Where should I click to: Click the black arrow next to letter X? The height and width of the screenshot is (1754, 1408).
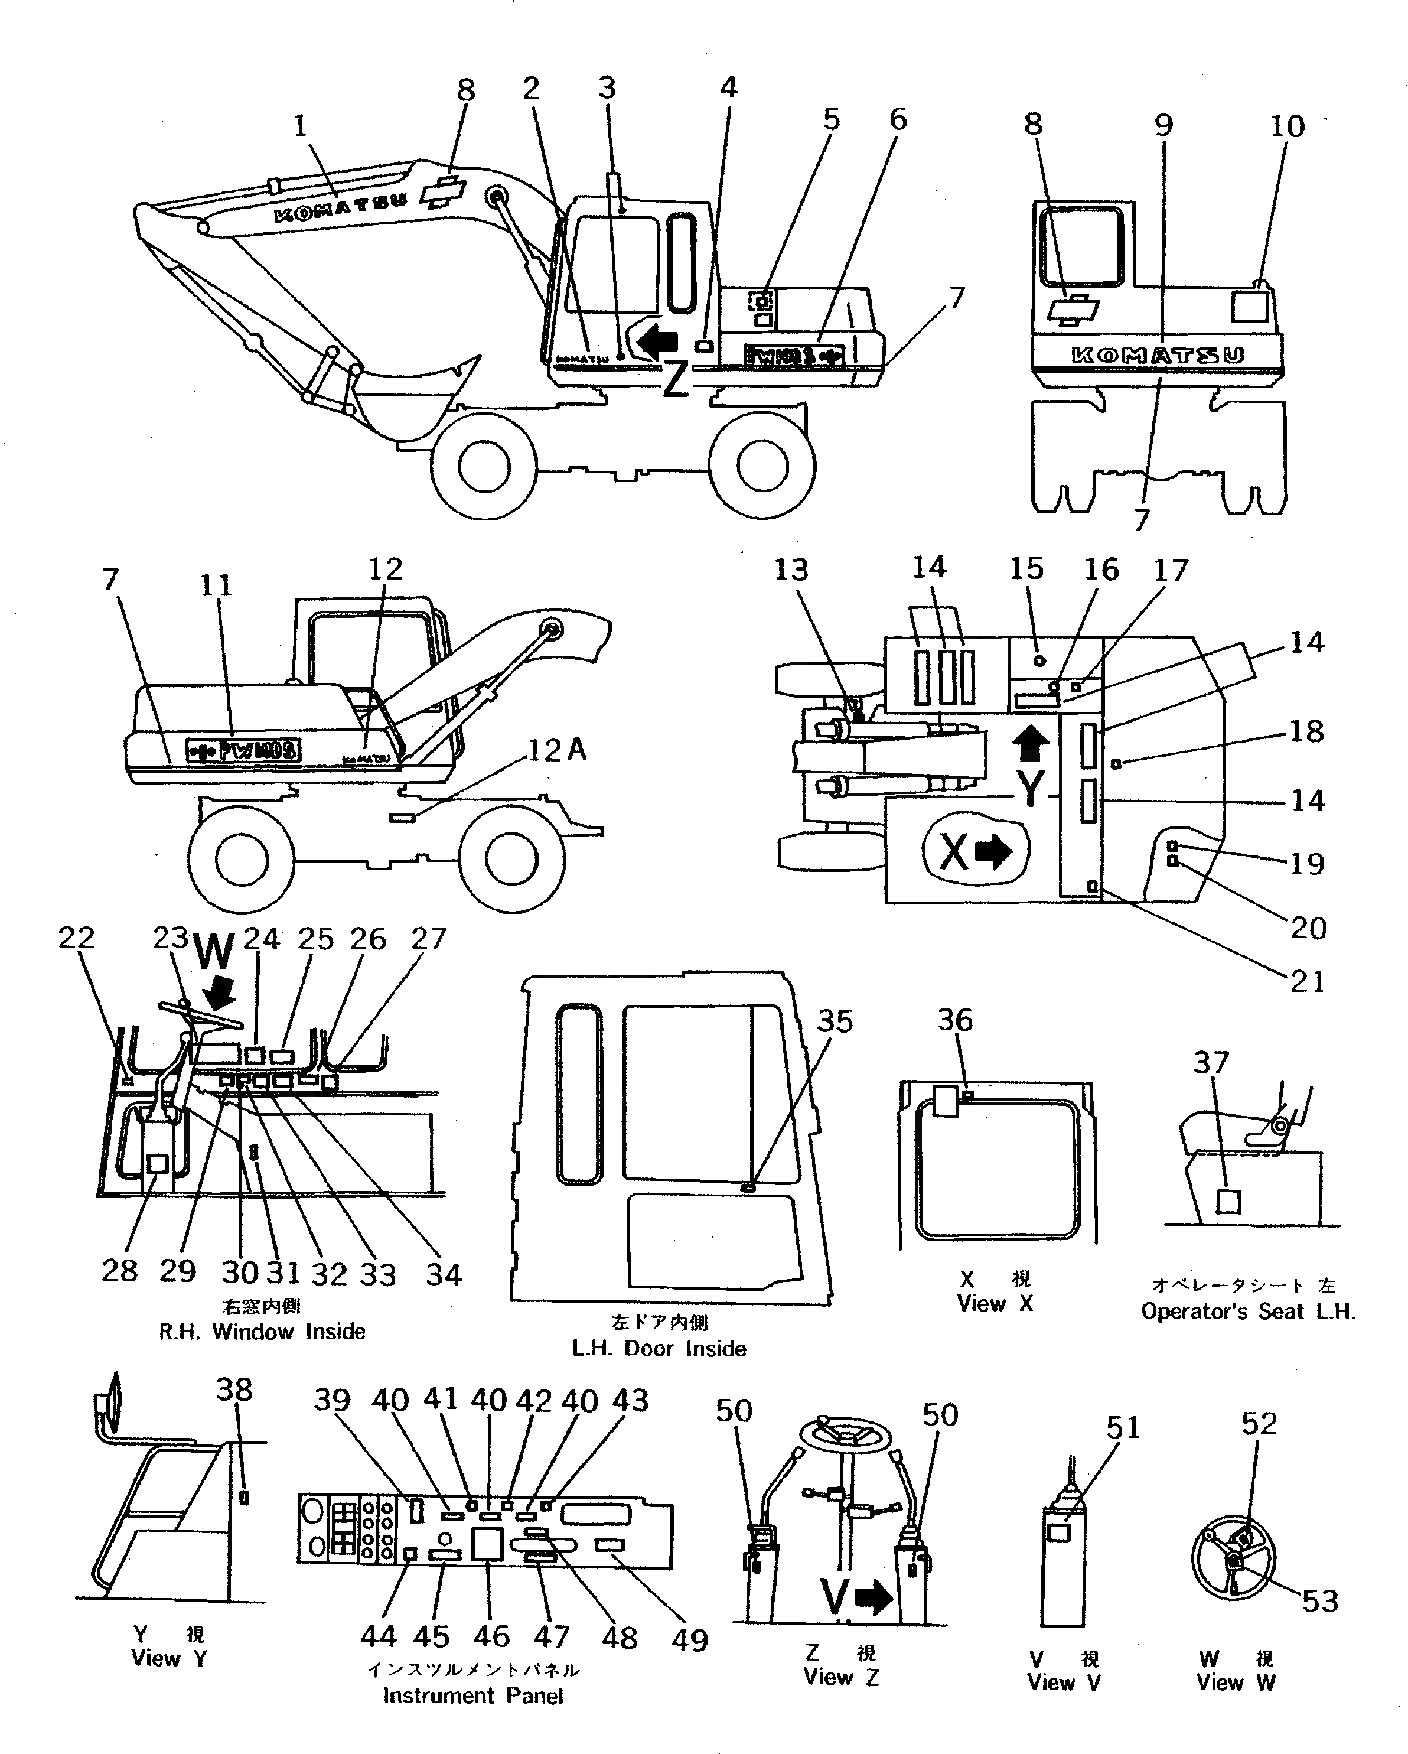993,852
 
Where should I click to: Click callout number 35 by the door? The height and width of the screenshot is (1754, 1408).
835,1022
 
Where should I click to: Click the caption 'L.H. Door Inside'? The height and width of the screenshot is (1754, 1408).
659,1348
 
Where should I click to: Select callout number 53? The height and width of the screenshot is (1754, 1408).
1319,1601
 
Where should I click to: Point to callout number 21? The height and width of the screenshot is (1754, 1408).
1307,982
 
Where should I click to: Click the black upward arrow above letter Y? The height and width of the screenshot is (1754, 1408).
1031,744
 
